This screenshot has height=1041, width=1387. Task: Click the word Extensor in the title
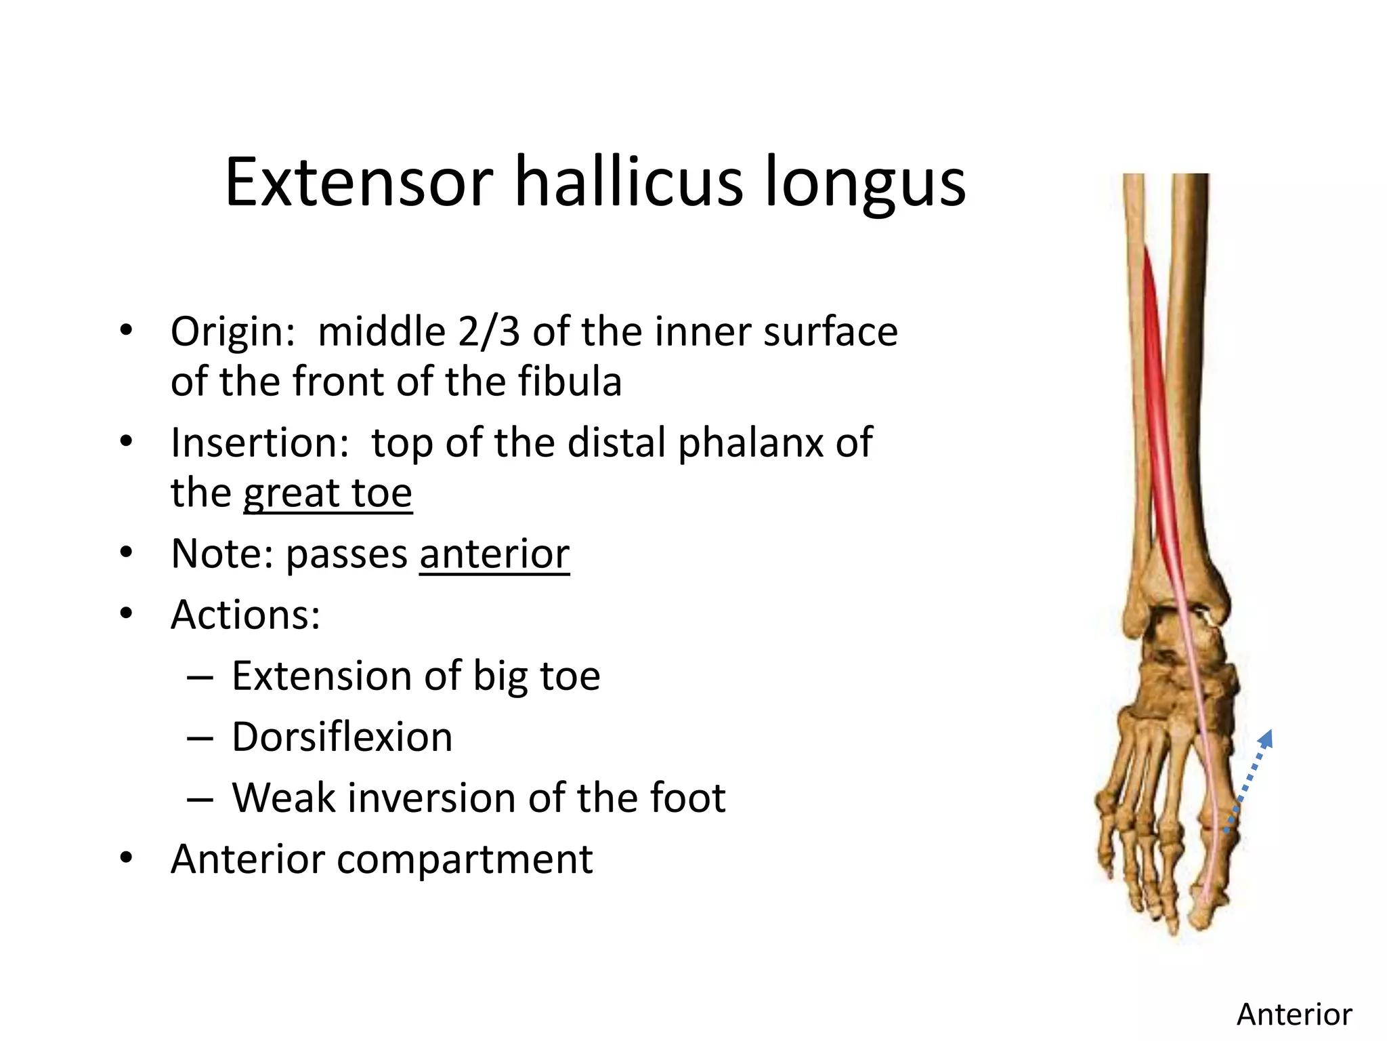pyautogui.click(x=359, y=183)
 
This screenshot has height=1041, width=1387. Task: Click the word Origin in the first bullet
pyautogui.click(x=230, y=333)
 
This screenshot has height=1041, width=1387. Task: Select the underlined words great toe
pyautogui.click(x=328, y=493)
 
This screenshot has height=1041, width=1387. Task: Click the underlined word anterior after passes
pyautogui.click(x=494, y=554)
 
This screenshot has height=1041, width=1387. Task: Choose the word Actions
pyautogui.click(x=244, y=615)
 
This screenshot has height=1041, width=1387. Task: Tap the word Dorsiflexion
pyautogui.click(x=342, y=737)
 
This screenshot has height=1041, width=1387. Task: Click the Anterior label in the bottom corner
pyautogui.click(x=1294, y=1015)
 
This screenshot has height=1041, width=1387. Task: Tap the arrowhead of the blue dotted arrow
pyautogui.click(x=1268, y=737)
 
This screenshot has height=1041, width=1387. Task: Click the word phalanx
pyautogui.click(x=752, y=443)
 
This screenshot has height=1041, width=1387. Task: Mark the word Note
pyautogui.click(x=217, y=554)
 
